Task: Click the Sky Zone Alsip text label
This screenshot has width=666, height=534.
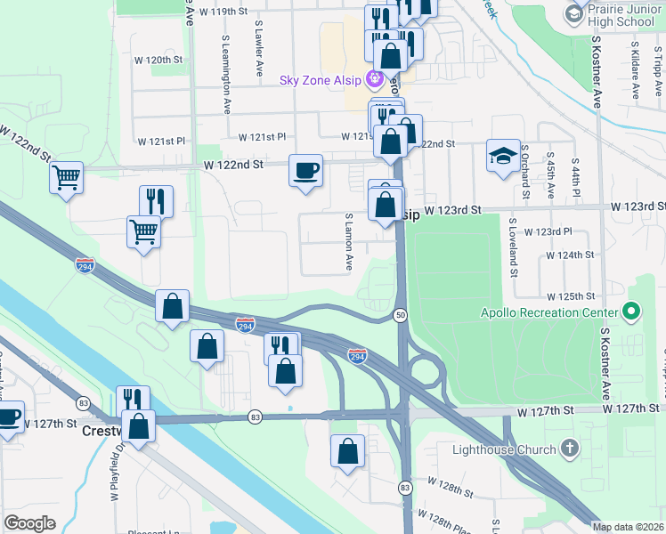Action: coord(320,81)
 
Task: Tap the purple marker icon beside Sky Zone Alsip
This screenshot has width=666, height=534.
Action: coord(374,80)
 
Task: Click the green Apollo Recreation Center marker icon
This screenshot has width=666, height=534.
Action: coord(631,312)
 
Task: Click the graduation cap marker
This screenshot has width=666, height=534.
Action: coord(502,155)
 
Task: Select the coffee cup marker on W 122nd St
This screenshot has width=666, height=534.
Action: coord(305,169)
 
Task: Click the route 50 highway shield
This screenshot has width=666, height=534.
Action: coord(402,315)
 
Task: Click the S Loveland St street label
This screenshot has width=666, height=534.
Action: coord(513,247)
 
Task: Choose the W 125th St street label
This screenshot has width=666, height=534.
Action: coord(575,295)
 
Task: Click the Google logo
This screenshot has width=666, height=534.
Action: coord(29,523)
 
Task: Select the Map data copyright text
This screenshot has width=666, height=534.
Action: coord(628,527)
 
